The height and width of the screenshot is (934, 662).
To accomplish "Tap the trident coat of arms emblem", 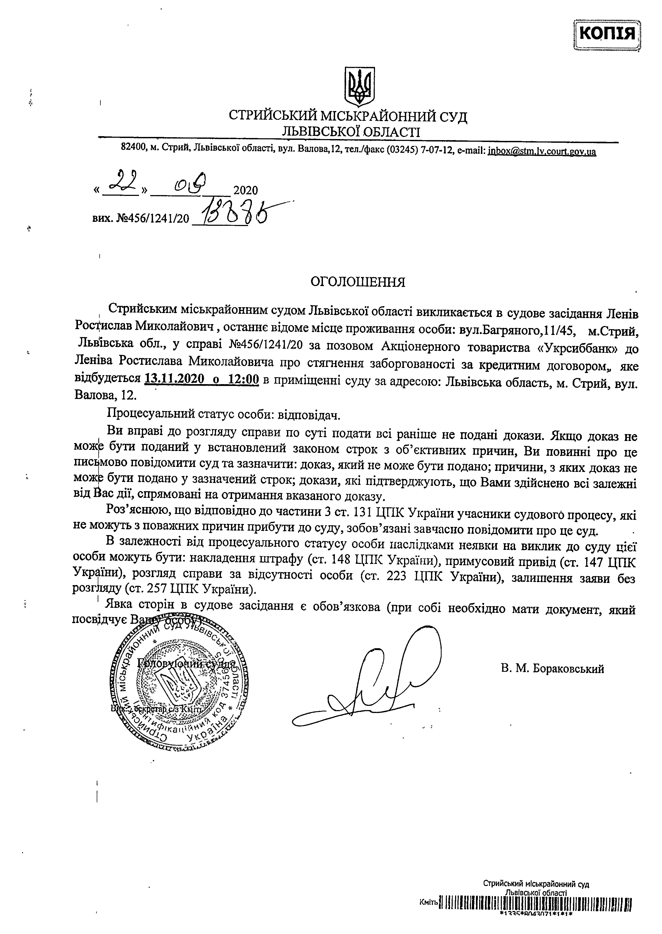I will click(359, 86).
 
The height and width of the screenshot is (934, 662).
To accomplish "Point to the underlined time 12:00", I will click(243, 379).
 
